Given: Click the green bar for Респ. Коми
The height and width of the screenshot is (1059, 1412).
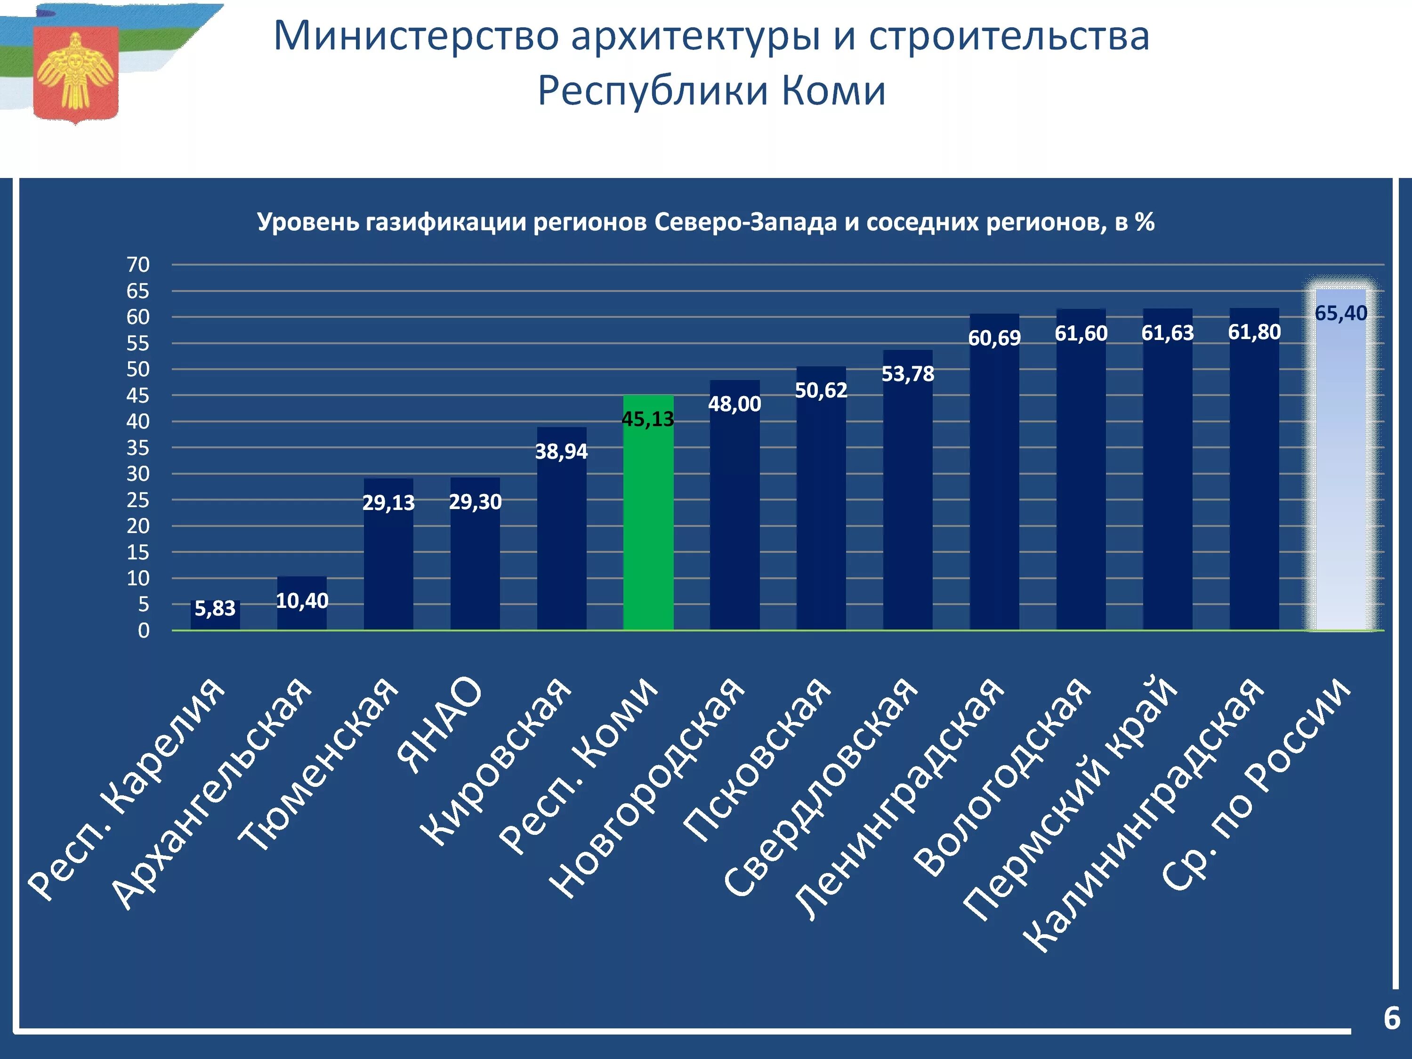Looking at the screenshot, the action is point(648,513).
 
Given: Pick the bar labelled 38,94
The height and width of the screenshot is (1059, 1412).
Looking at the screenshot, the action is point(562,528).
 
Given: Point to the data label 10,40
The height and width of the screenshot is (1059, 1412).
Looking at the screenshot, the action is point(302,601).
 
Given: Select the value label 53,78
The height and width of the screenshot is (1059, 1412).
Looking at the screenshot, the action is point(908,374).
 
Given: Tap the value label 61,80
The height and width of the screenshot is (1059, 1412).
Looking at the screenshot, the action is point(1254,332).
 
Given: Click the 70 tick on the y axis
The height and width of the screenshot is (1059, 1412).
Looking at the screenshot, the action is point(138,264).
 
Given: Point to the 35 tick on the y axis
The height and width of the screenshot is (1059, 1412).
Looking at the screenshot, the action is point(138,447).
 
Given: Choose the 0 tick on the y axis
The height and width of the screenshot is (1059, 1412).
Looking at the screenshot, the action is point(144,630).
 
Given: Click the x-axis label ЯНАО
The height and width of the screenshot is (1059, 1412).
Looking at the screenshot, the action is point(439,725).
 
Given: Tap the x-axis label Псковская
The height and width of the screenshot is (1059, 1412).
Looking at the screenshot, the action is point(757,760).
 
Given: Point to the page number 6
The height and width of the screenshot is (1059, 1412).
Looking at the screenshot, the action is point(1392,1018).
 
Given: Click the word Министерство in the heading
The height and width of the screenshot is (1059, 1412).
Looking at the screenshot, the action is point(417,36).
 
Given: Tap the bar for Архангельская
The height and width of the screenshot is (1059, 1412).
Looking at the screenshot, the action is point(302,603).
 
